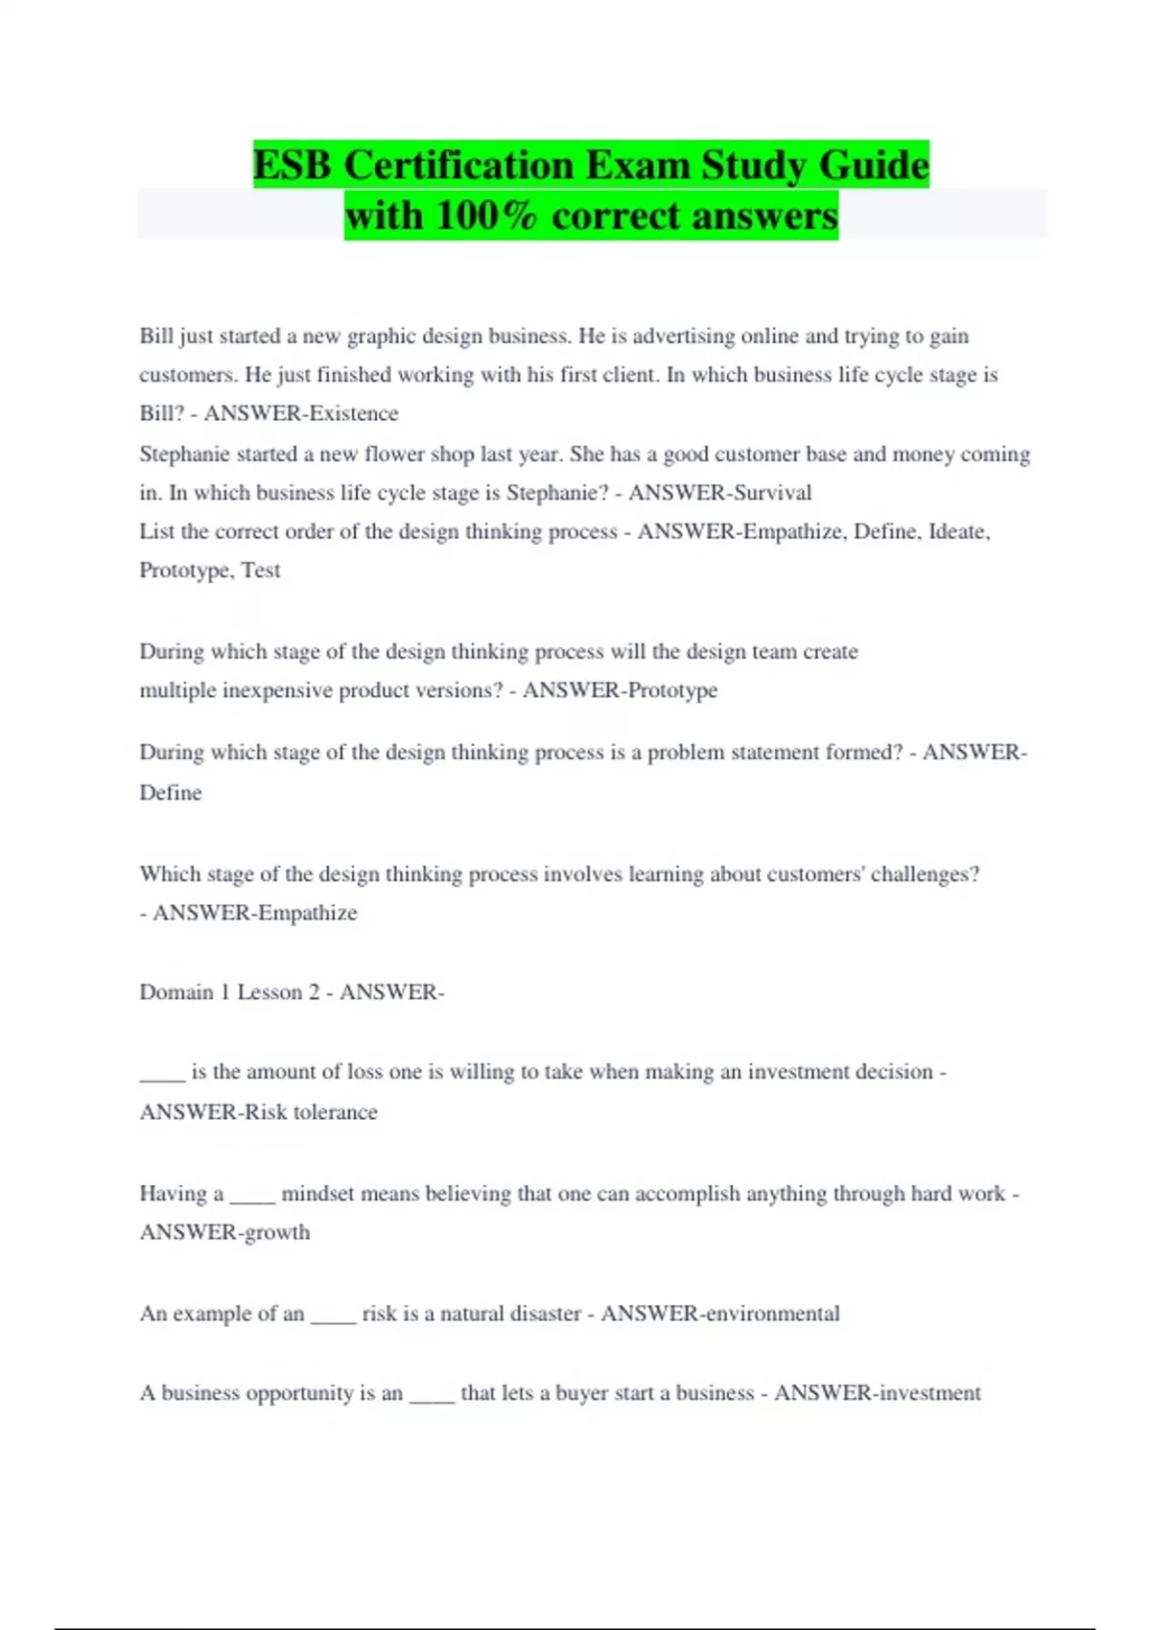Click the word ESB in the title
(294, 165)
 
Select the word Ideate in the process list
(958, 531)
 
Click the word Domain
(176, 991)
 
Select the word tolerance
(335, 1112)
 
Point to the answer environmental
(772, 1314)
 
